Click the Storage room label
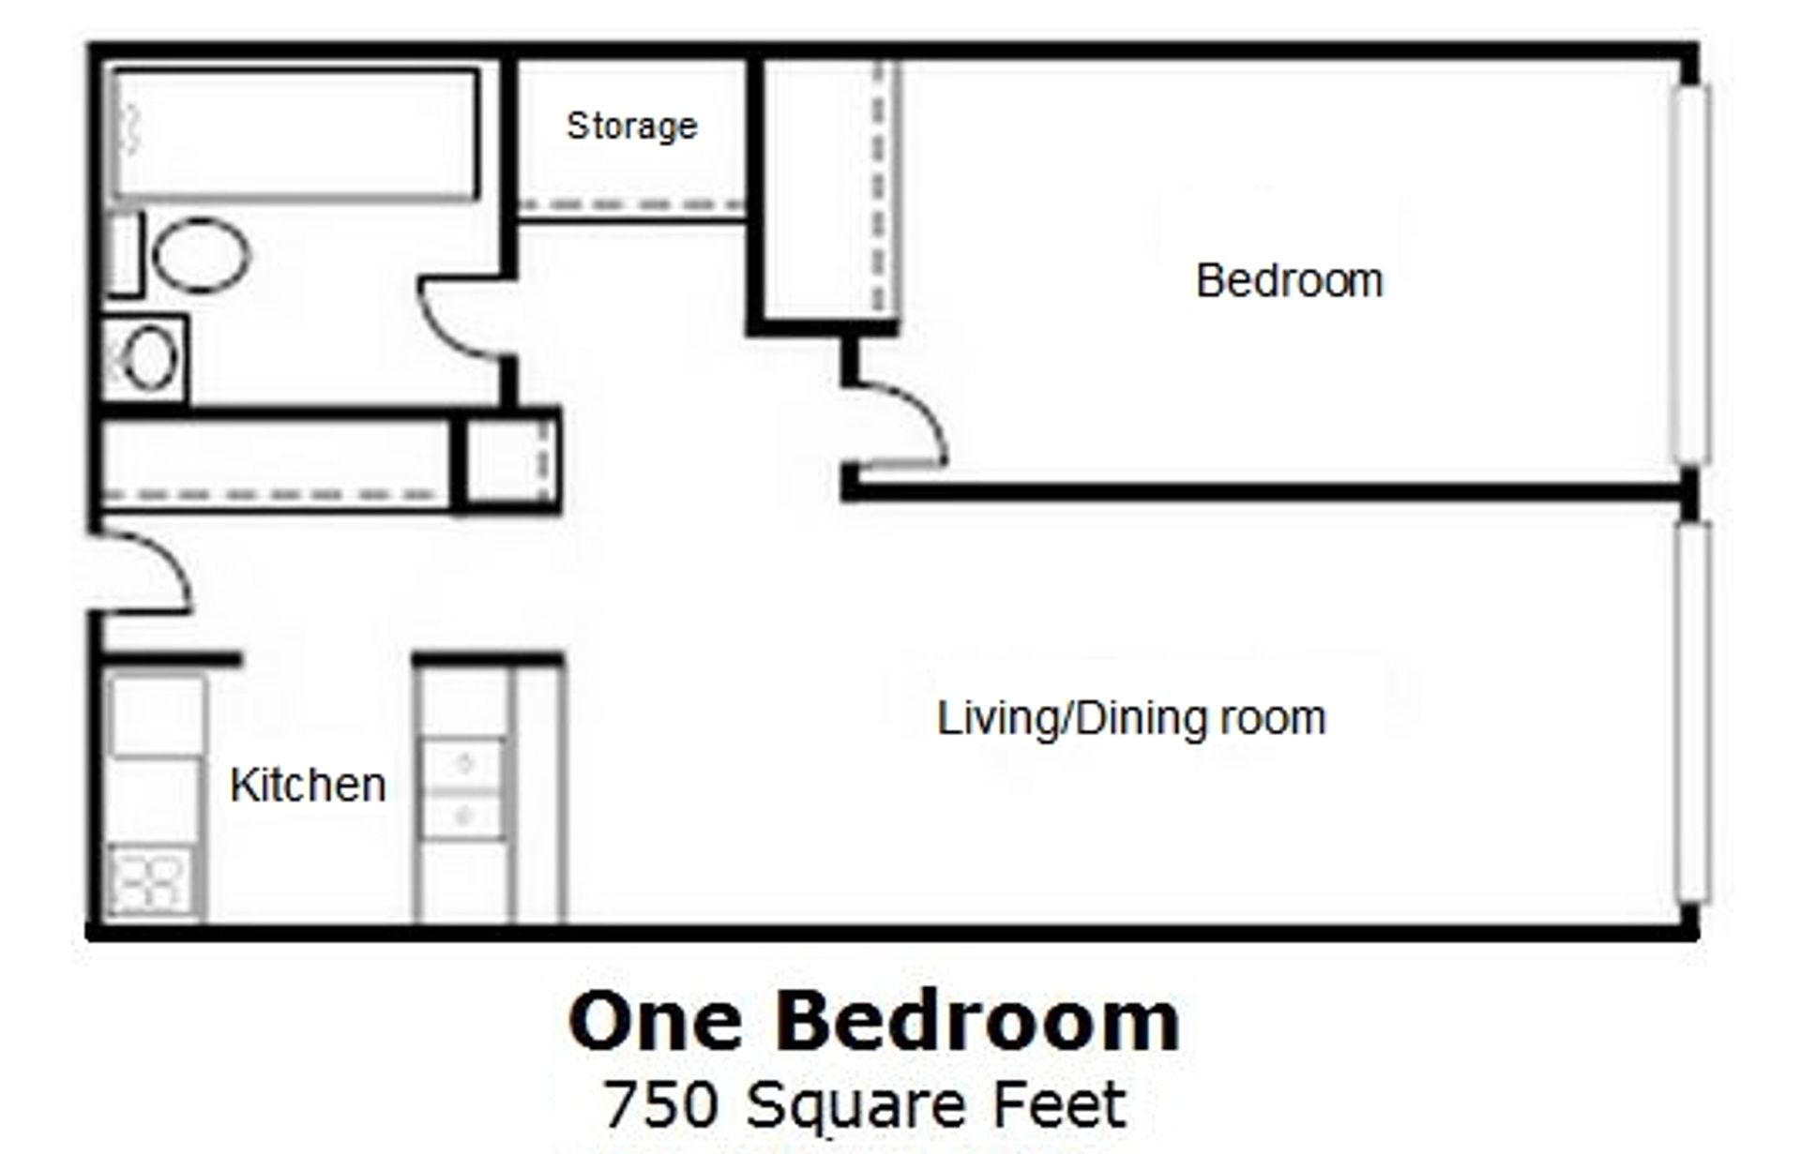[x=631, y=126]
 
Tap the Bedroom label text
[x=1289, y=280]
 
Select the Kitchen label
[x=308, y=785]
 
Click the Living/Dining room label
[x=1131, y=719]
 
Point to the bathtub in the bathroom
[x=295, y=134]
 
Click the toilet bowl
[x=200, y=254]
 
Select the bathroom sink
[x=148, y=358]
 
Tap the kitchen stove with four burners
[x=148, y=881]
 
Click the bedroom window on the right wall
[x=1692, y=274]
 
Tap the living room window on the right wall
[x=1692, y=712]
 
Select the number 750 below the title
[x=660, y=1105]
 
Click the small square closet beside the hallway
[x=510, y=461]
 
